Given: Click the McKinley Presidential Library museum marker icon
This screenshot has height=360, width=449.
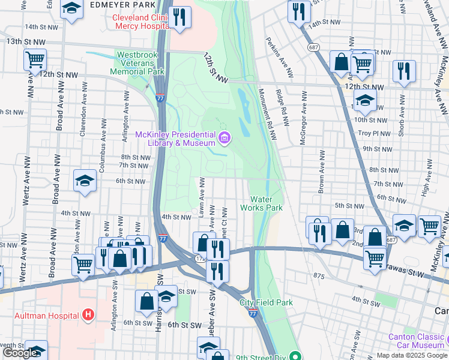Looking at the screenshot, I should [x=224, y=140].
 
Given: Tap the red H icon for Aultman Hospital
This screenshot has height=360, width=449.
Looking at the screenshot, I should [x=89, y=314].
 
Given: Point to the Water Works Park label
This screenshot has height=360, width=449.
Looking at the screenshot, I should [x=262, y=203].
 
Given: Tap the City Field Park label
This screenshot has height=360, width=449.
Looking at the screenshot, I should [x=266, y=302].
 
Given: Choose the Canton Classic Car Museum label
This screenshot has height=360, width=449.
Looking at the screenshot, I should [x=415, y=341].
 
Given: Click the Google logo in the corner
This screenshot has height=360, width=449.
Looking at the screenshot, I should [x=20, y=353].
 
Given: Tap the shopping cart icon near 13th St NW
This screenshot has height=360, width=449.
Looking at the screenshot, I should [x=35, y=60].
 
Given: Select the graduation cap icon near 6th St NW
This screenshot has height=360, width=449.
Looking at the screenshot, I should [x=85, y=180].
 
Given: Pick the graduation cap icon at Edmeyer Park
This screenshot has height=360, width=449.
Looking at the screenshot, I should [x=71, y=9].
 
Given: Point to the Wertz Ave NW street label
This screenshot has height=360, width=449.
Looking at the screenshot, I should [x=26, y=179].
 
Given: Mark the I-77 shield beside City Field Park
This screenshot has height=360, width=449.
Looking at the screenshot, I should [x=253, y=313].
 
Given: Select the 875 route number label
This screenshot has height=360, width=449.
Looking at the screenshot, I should [x=318, y=275].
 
